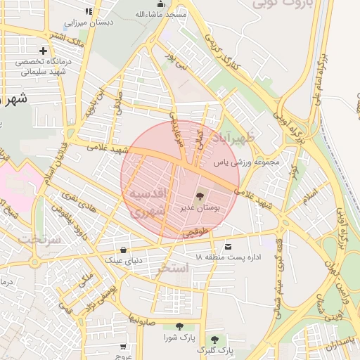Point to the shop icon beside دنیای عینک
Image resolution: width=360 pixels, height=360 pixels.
[124, 250]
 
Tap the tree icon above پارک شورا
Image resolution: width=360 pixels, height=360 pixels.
[179, 326]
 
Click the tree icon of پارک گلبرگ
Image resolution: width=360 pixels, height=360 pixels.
[214, 339]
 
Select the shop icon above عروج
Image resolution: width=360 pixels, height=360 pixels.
[124, 347]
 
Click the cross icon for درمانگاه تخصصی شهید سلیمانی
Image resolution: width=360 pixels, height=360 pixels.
[44, 51]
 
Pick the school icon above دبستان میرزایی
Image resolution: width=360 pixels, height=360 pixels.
[88, 12]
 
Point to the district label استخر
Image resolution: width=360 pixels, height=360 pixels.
[174, 268]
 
